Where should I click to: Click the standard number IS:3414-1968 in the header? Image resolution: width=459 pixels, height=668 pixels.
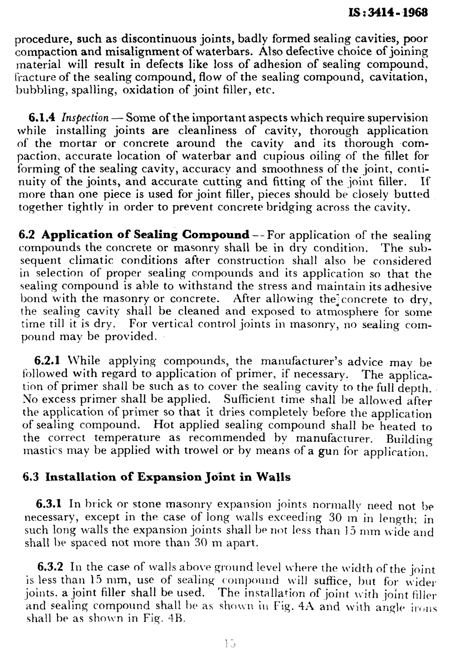click(388, 13)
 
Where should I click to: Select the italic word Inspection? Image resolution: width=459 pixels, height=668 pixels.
click(85, 118)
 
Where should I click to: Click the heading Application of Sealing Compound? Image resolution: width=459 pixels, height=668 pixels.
click(145, 235)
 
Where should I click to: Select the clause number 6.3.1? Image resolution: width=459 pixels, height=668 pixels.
click(49, 504)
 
